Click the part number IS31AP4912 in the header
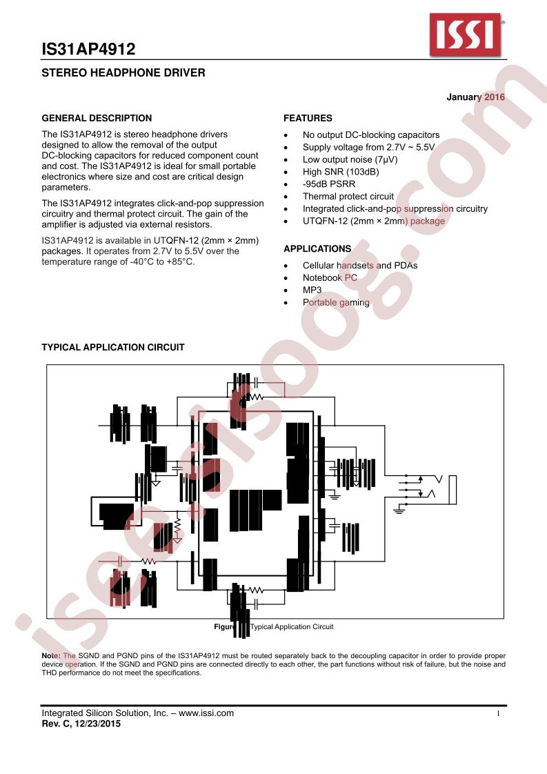click(88, 49)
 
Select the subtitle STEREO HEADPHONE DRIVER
click(123, 72)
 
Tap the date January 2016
click(475, 97)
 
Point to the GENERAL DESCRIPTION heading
click(97, 118)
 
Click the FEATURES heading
click(308, 118)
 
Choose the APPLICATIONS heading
click(317, 248)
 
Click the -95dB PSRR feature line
click(329, 184)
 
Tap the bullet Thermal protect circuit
click(348, 197)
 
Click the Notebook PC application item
click(330, 278)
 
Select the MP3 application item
click(312, 290)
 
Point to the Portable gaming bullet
click(336, 303)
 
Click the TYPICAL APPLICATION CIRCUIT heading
click(113, 348)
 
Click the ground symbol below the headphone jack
click(399, 510)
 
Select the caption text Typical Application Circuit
click(292, 627)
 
